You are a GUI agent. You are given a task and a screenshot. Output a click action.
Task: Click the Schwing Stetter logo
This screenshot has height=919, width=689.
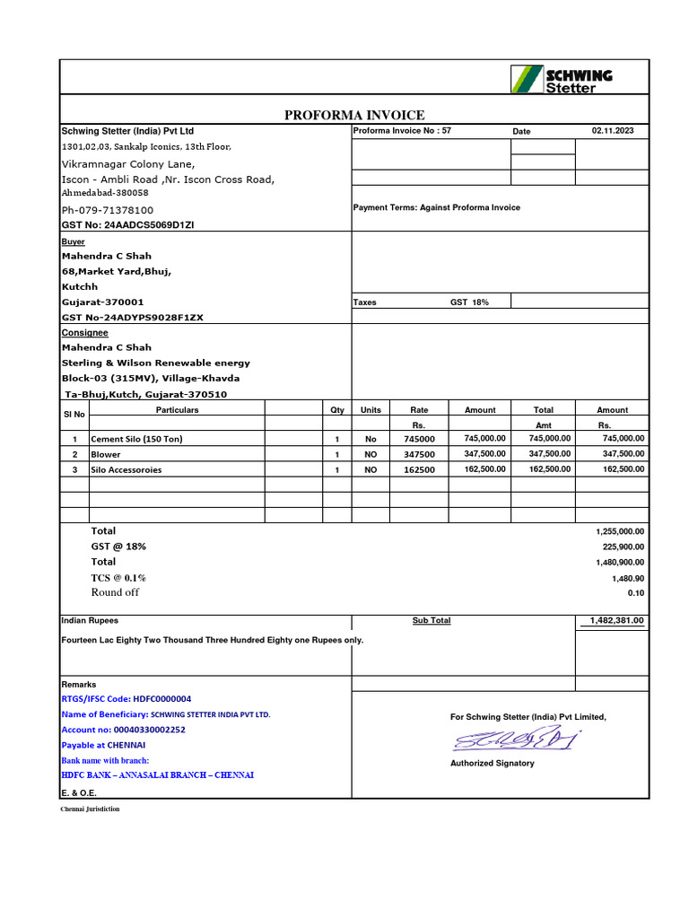point(562,79)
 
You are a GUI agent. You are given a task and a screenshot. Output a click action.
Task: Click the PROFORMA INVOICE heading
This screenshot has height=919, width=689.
point(354,115)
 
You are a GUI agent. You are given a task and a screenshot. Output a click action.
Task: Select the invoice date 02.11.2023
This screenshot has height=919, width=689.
point(612,131)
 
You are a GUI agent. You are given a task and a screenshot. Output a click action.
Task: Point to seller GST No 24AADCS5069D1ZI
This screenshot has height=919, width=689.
point(127,225)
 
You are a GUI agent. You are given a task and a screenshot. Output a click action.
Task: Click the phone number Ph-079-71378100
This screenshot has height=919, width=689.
point(107,210)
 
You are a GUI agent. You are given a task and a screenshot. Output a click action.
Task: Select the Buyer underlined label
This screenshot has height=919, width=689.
point(73,241)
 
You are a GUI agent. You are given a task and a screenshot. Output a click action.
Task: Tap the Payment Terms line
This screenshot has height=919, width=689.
point(436,207)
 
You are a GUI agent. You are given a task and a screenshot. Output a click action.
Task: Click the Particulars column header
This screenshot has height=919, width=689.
point(177,410)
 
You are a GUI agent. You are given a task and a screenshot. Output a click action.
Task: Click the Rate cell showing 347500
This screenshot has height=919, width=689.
point(419,455)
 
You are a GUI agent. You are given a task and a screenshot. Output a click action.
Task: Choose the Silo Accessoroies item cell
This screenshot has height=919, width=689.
point(126,469)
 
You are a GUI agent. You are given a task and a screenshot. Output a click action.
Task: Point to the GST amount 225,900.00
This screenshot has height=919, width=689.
point(623,547)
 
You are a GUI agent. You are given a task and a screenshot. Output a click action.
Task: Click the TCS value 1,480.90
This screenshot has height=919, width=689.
point(627,579)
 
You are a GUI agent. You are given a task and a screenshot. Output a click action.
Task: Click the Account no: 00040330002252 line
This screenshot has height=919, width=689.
point(123,730)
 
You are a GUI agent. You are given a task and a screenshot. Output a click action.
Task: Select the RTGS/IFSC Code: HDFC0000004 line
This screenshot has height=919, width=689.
point(126,698)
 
